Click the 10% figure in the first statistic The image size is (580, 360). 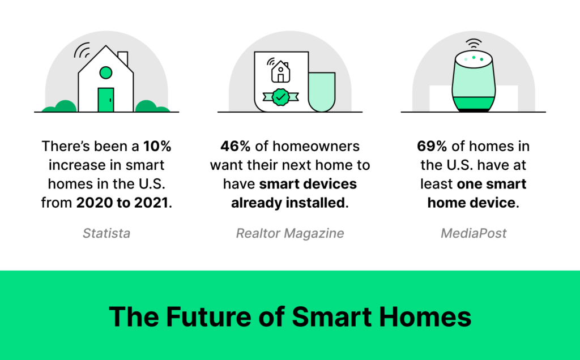156,146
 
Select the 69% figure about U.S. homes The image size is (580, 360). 432,146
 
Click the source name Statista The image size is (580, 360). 106,233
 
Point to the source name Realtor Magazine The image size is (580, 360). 289,233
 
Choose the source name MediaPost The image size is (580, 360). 473,233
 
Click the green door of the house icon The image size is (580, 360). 105,100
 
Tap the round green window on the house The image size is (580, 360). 105,72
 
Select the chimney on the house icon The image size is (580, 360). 123,58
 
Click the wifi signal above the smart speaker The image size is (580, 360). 474,44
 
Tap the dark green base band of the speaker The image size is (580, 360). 474,104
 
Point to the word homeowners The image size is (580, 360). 315,146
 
